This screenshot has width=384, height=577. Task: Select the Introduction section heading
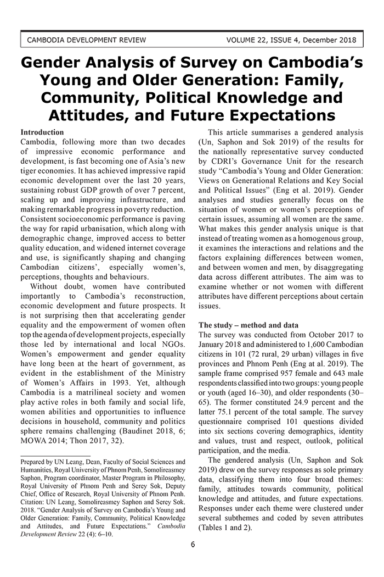[42, 132]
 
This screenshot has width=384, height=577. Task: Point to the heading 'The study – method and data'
[249, 325]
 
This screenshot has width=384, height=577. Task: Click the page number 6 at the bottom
[193, 545]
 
